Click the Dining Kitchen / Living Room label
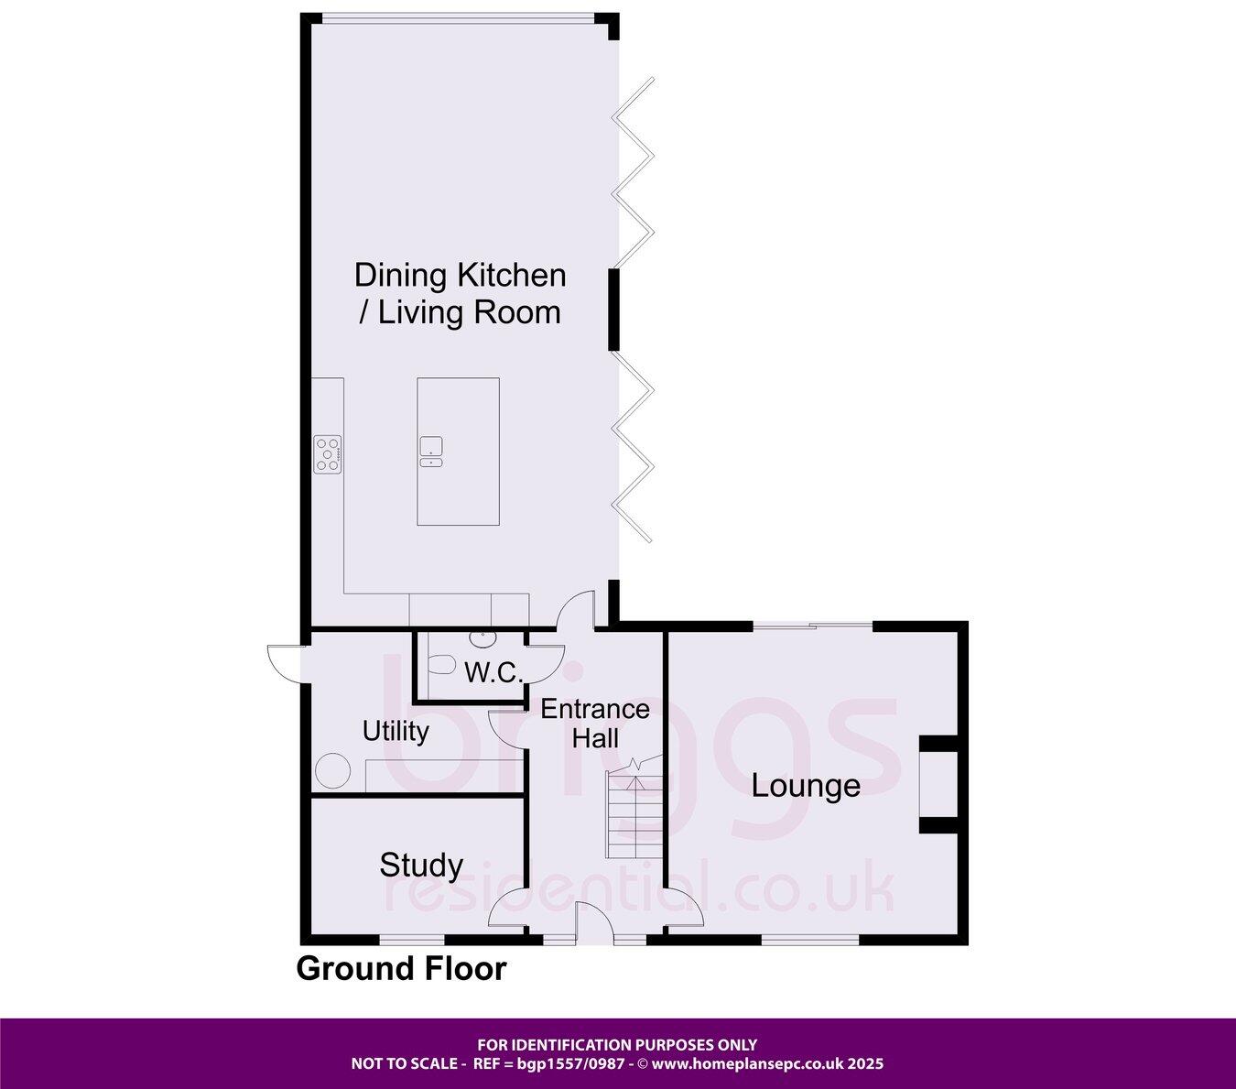459,293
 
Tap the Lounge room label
806,786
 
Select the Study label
421,865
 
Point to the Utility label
396,731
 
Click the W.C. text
493,673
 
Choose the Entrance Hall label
595,724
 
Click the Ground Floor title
401,968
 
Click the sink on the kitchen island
431,452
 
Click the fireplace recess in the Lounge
938,785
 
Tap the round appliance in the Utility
332,770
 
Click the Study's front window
412,939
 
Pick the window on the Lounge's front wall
809,939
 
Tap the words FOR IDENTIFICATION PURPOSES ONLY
617,1044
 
